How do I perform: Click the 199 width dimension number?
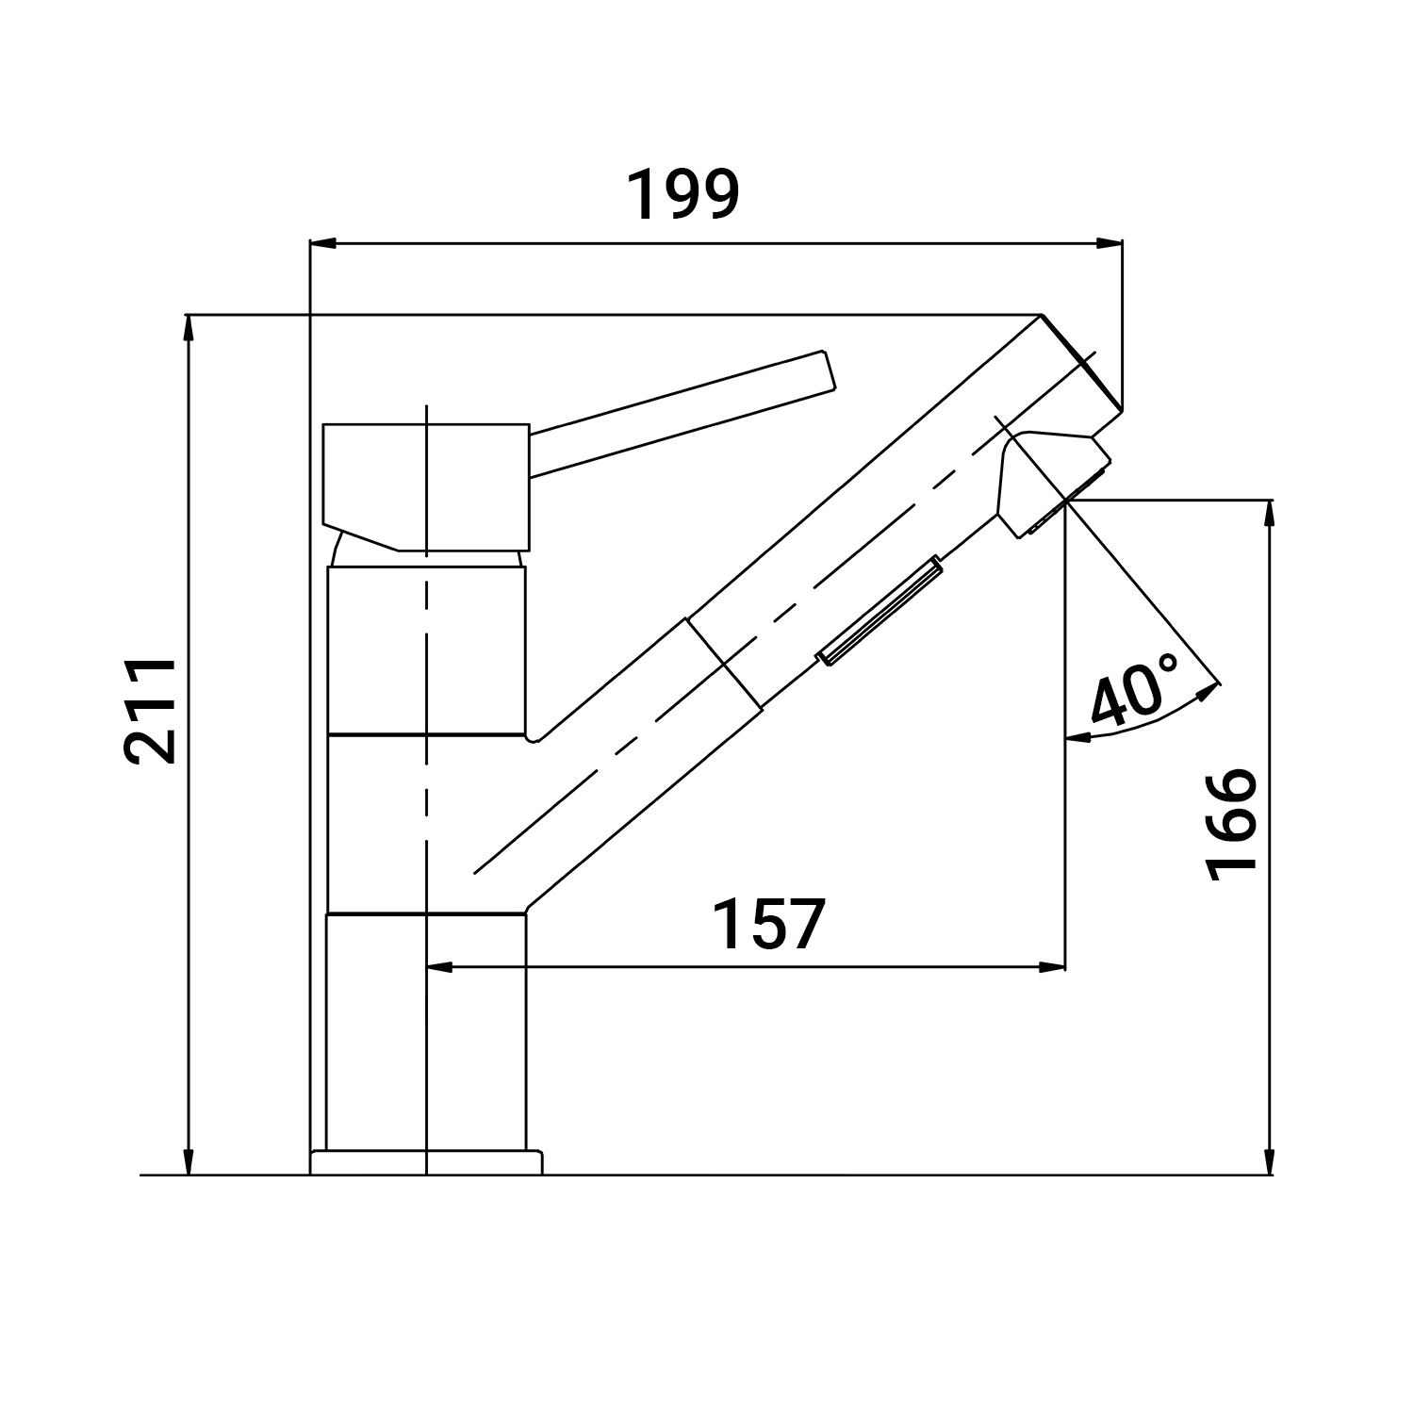[x=683, y=195]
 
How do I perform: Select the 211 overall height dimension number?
[x=151, y=711]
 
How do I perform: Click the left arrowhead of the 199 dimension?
[x=322, y=244]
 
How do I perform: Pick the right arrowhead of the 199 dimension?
[x=1110, y=244]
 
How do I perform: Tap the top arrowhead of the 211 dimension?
[x=189, y=326]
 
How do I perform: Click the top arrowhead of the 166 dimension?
[x=1270, y=513]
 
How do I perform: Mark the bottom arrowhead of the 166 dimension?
[x=1270, y=1162]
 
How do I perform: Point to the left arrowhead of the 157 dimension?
[x=440, y=967]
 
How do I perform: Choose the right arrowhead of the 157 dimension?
[x=1052, y=967]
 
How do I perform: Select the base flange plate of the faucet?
[x=427, y=1161]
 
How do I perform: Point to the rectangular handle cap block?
[x=426, y=485]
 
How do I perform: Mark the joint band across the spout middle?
[x=725, y=663]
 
